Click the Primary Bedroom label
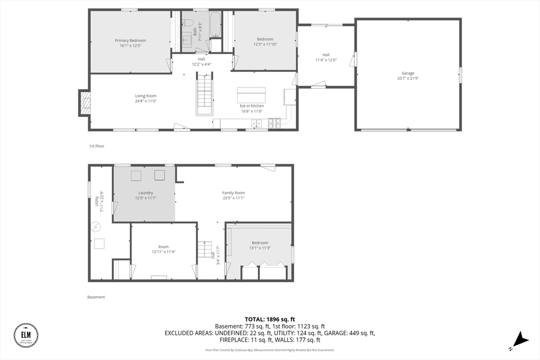tap(130, 40)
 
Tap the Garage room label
tap(408, 73)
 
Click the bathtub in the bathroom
tap(216, 24)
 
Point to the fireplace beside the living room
tap(84, 103)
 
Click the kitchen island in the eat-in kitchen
tap(251, 95)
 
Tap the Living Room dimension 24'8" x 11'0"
tap(146, 101)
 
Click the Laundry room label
tap(146, 193)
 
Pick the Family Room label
tap(233, 193)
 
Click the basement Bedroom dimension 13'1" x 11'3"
tap(259, 248)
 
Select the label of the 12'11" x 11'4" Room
tap(163, 247)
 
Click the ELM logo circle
tap(26, 335)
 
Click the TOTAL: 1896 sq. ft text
tap(269, 319)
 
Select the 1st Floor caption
tap(97, 146)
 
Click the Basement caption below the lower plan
tap(96, 297)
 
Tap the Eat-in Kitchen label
tap(252, 106)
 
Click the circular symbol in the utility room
tap(96, 227)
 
